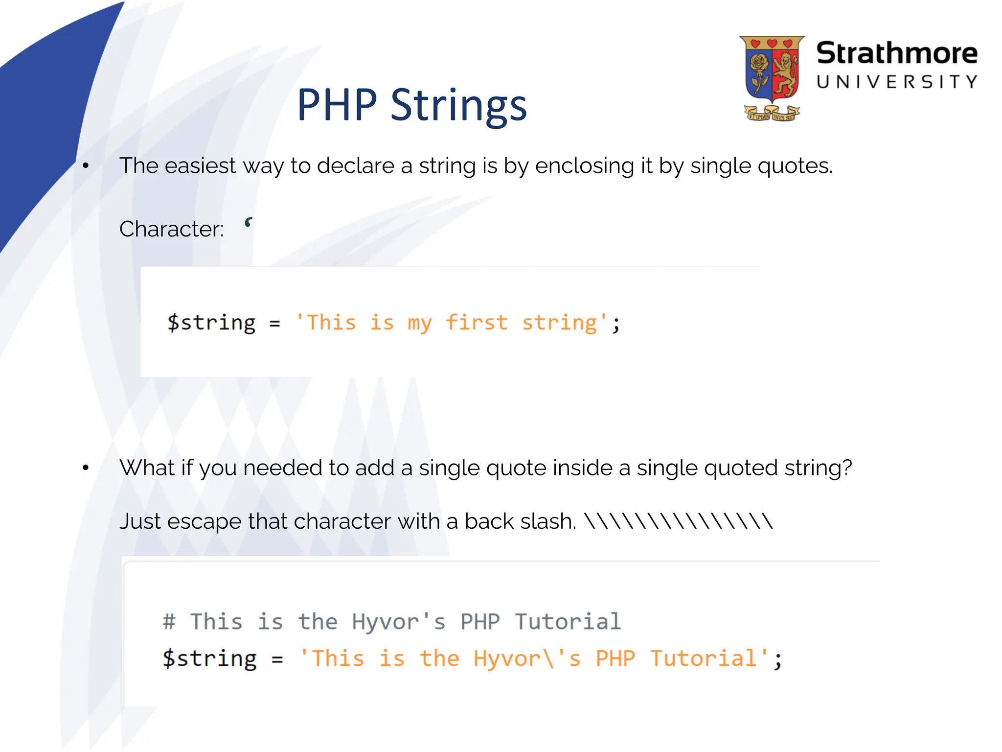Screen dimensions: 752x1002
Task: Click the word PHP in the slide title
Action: pos(337,105)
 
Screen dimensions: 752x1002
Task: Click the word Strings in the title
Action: pos(458,106)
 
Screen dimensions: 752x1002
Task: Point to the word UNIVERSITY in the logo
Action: pos(896,82)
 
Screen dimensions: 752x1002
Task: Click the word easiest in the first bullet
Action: pos(200,165)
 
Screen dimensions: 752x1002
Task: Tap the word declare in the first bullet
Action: pos(356,165)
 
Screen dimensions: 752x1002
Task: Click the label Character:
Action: pos(171,229)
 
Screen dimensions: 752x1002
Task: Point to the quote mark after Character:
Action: pos(249,223)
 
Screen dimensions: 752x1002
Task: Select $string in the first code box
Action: pos(211,323)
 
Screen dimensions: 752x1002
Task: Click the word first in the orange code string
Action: pos(477,323)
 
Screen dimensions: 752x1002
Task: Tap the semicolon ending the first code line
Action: pos(616,324)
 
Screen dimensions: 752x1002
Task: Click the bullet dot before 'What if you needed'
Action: pos(86,468)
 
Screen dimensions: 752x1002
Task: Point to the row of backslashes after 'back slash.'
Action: pos(679,520)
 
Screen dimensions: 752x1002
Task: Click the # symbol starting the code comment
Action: pos(169,622)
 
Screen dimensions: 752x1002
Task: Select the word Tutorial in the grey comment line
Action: pos(568,622)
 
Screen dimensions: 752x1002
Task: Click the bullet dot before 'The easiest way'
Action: pos(86,166)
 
